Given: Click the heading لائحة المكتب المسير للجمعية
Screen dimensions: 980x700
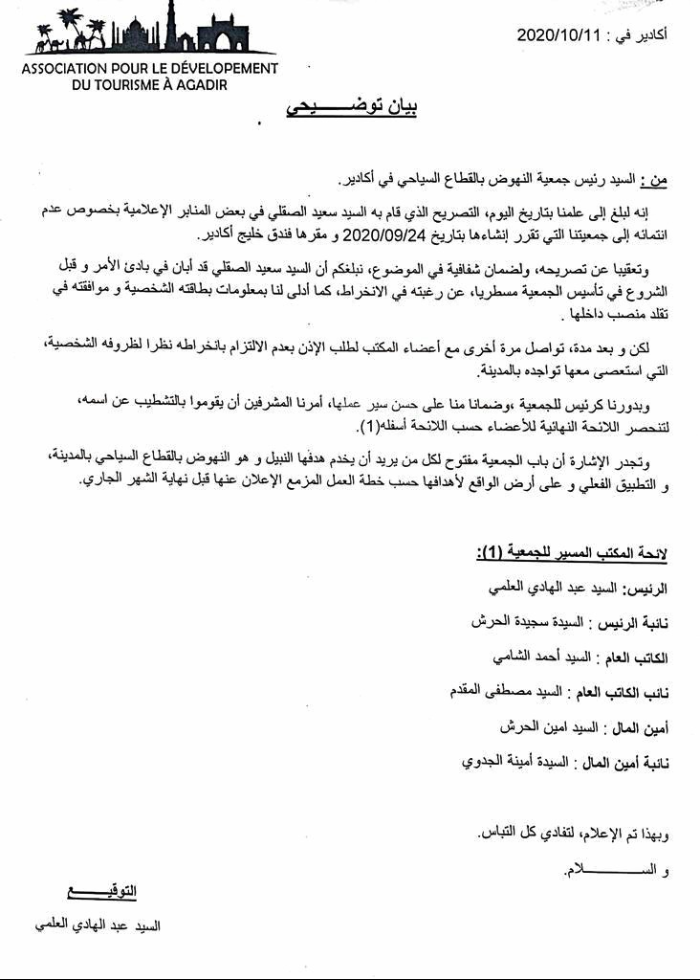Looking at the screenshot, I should [572, 554].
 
